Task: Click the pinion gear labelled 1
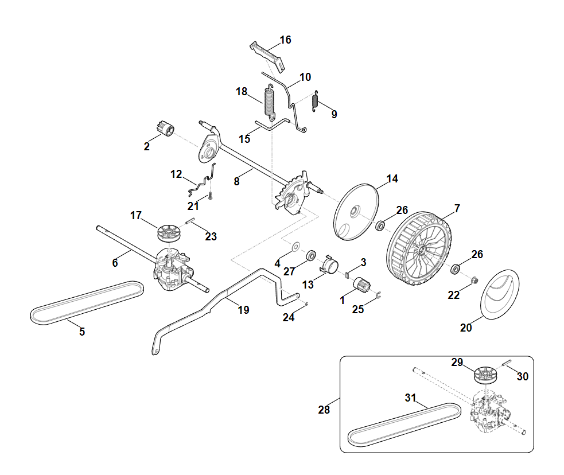[x=363, y=284]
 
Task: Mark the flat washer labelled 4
[x=295, y=247]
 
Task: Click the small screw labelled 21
[x=211, y=196]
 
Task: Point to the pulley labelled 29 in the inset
[x=485, y=375]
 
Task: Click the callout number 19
[x=243, y=310]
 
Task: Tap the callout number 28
[x=324, y=410]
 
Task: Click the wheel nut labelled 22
[x=474, y=280]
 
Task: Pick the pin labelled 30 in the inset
[x=507, y=363]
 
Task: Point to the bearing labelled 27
[x=312, y=254]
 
